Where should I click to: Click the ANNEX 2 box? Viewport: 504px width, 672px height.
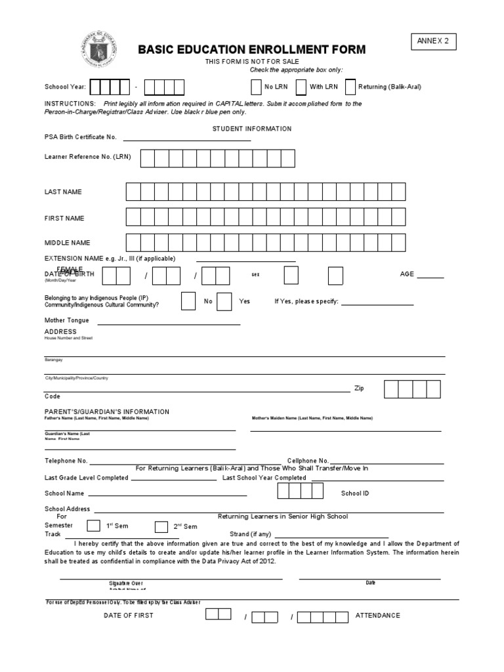(x=433, y=42)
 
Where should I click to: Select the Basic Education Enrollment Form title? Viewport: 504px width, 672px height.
(x=251, y=50)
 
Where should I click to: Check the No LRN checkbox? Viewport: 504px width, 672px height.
(x=256, y=87)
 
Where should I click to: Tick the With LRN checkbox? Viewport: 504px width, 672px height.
(x=301, y=87)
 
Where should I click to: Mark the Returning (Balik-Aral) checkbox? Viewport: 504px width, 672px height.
(x=350, y=87)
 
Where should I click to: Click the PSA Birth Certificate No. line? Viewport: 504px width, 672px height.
(x=186, y=138)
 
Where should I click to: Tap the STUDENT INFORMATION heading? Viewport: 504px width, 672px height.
(x=251, y=129)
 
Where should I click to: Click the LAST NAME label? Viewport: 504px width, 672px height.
(x=63, y=192)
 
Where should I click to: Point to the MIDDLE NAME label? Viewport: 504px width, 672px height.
(x=67, y=243)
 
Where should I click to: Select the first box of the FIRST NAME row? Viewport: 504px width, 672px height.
(x=133, y=217)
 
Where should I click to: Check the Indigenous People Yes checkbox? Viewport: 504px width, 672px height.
(x=224, y=301)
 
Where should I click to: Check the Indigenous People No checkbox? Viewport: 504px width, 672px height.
(x=188, y=301)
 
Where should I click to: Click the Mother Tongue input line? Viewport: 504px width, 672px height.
(x=169, y=322)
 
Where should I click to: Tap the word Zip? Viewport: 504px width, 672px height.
(x=359, y=388)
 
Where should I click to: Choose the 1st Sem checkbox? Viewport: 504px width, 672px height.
(x=94, y=526)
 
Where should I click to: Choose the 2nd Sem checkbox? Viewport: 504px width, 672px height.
(x=161, y=526)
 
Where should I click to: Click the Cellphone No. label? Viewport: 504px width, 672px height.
(x=308, y=461)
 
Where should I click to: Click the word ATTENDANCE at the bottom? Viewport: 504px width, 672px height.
(x=377, y=616)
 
